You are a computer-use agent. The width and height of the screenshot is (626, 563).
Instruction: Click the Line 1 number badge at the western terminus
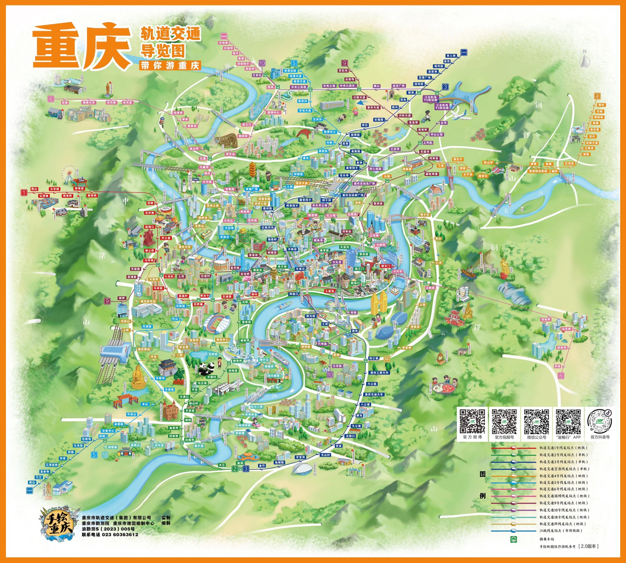click(24, 193)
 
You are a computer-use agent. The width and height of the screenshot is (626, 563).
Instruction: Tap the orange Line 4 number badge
click(597, 96)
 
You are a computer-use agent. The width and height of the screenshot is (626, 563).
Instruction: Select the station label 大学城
click(54, 189)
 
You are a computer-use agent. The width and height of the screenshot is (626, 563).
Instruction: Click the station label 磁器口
click(150, 227)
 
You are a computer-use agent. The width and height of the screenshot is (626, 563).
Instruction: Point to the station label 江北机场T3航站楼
click(442, 107)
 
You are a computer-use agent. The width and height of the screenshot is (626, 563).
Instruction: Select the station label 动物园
click(233, 370)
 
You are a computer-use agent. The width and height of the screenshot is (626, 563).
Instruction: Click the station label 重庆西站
click(144, 349)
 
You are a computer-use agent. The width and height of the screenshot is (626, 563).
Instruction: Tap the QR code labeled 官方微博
click(472, 421)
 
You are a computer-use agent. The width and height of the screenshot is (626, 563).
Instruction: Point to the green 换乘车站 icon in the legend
click(514, 540)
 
